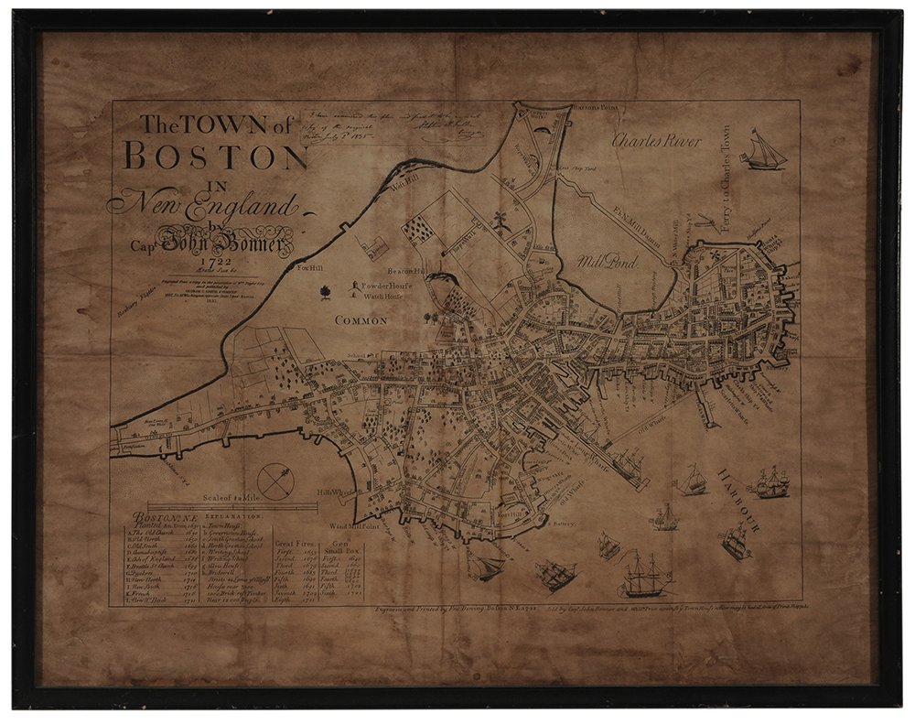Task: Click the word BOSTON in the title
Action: [x=214, y=157]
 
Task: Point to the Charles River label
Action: [x=656, y=142]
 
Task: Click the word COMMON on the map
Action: [x=362, y=321]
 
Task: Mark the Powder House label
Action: [x=388, y=286]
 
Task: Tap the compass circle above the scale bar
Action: [x=274, y=481]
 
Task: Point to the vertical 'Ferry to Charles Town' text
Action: [x=725, y=179]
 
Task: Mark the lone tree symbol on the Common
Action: [x=324, y=293]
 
